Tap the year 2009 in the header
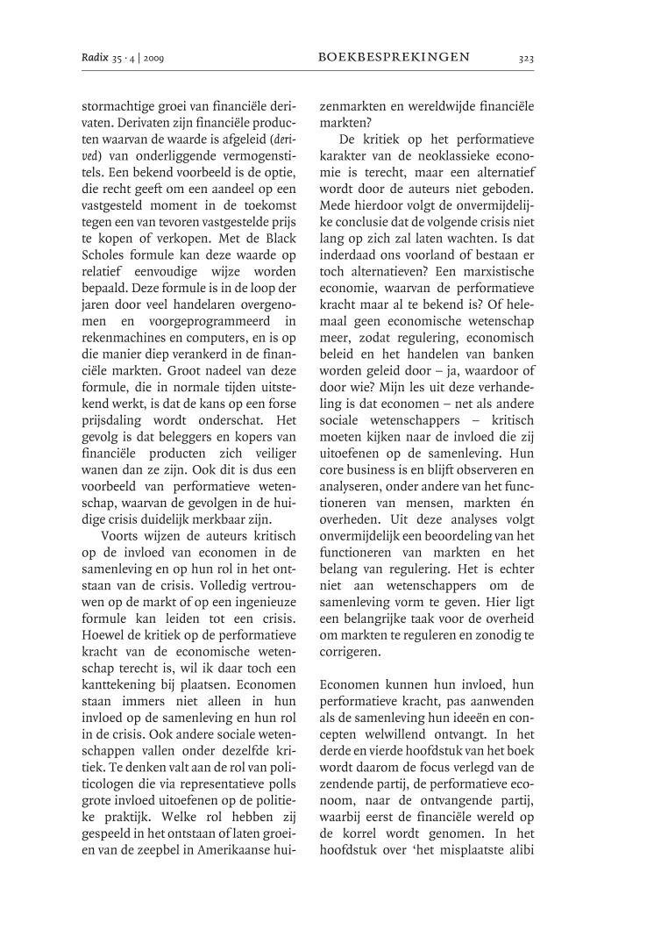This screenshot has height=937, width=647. pyautogui.click(x=153, y=59)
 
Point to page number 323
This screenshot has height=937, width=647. pyautogui.click(x=526, y=59)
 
